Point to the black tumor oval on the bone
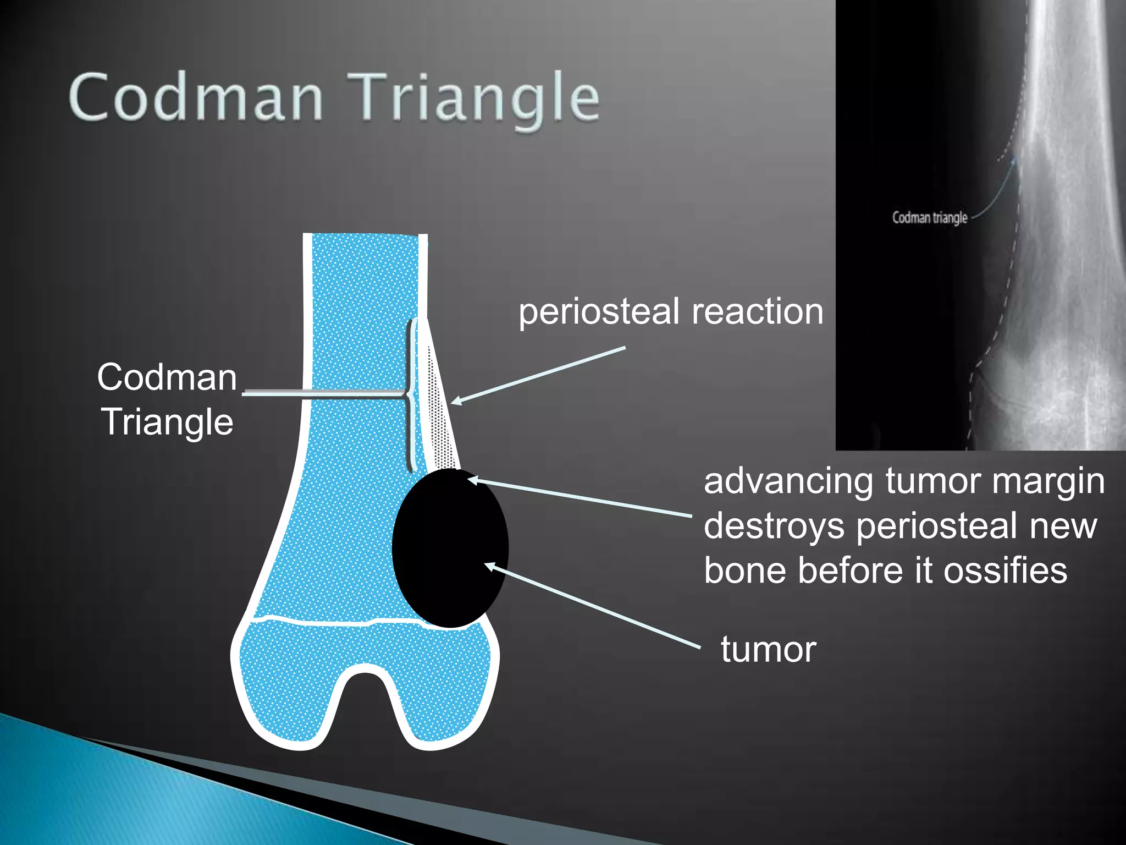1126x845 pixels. pos(450,547)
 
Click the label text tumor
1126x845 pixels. pos(768,650)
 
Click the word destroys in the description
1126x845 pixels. pos(774,526)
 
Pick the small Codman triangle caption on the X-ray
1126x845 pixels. pos(929,218)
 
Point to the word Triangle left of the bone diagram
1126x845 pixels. pos(168,422)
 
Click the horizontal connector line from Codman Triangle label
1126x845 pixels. pos(324,393)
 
